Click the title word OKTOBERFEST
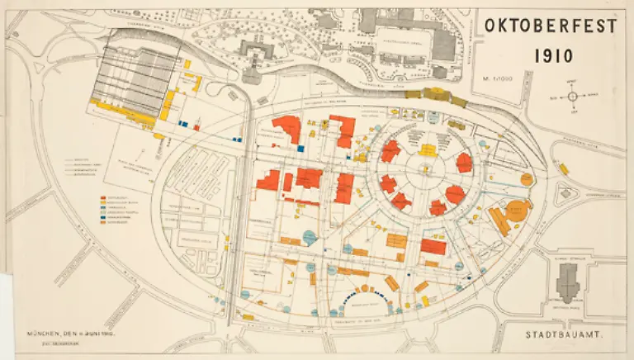coord(550,26)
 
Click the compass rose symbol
coord(571,97)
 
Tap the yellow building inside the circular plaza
coord(428,149)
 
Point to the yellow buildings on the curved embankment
coord(434,96)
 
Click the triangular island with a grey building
coord(566,196)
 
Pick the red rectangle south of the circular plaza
coord(433,245)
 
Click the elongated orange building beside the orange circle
coord(498,220)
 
